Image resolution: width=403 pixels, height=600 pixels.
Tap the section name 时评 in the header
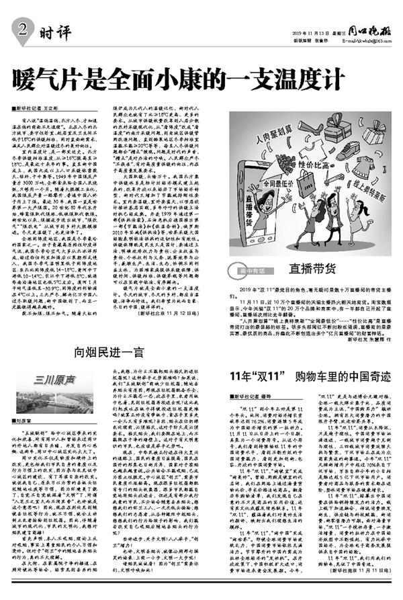coord(48,30)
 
